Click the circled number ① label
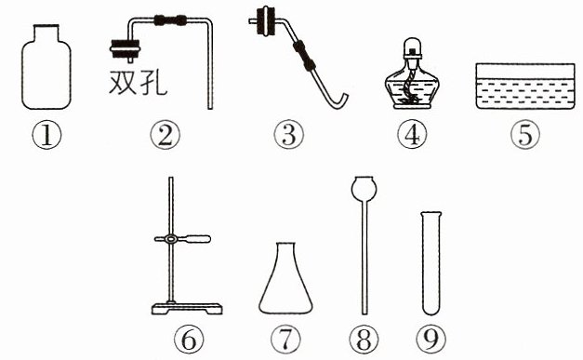point(46,135)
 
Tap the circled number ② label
point(166,135)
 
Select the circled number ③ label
point(288,135)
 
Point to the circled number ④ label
point(412,135)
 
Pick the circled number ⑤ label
point(525,135)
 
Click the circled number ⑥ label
point(189,340)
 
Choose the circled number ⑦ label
point(285,340)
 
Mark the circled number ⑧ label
point(364,340)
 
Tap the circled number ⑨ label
point(431,340)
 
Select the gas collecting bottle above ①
point(46,67)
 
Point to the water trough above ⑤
point(525,87)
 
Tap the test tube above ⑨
point(431,263)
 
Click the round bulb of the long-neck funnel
point(364,188)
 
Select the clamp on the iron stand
point(182,239)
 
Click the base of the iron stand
point(187,308)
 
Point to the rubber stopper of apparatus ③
point(267,21)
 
